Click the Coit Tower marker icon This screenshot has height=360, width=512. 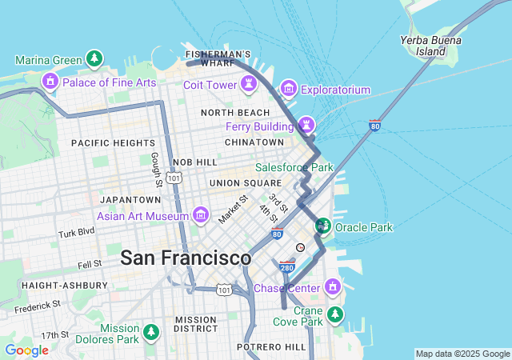point(249,84)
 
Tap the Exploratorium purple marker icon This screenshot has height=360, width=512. point(289,89)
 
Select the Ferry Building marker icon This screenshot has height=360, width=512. point(306,125)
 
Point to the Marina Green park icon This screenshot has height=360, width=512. point(95,59)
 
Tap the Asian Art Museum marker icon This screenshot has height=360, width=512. point(200,215)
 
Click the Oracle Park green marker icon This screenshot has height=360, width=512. point(323,226)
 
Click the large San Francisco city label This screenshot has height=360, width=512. point(186,258)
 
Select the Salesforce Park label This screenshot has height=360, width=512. point(294,167)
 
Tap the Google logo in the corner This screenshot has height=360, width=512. point(26,350)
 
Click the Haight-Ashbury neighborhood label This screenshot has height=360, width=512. point(64,285)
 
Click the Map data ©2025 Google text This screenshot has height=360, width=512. point(462,354)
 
